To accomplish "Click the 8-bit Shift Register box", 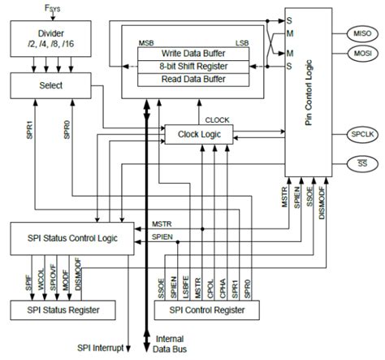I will point(192,65).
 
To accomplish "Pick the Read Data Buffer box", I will point(192,79).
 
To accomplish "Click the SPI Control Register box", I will point(209,310).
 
